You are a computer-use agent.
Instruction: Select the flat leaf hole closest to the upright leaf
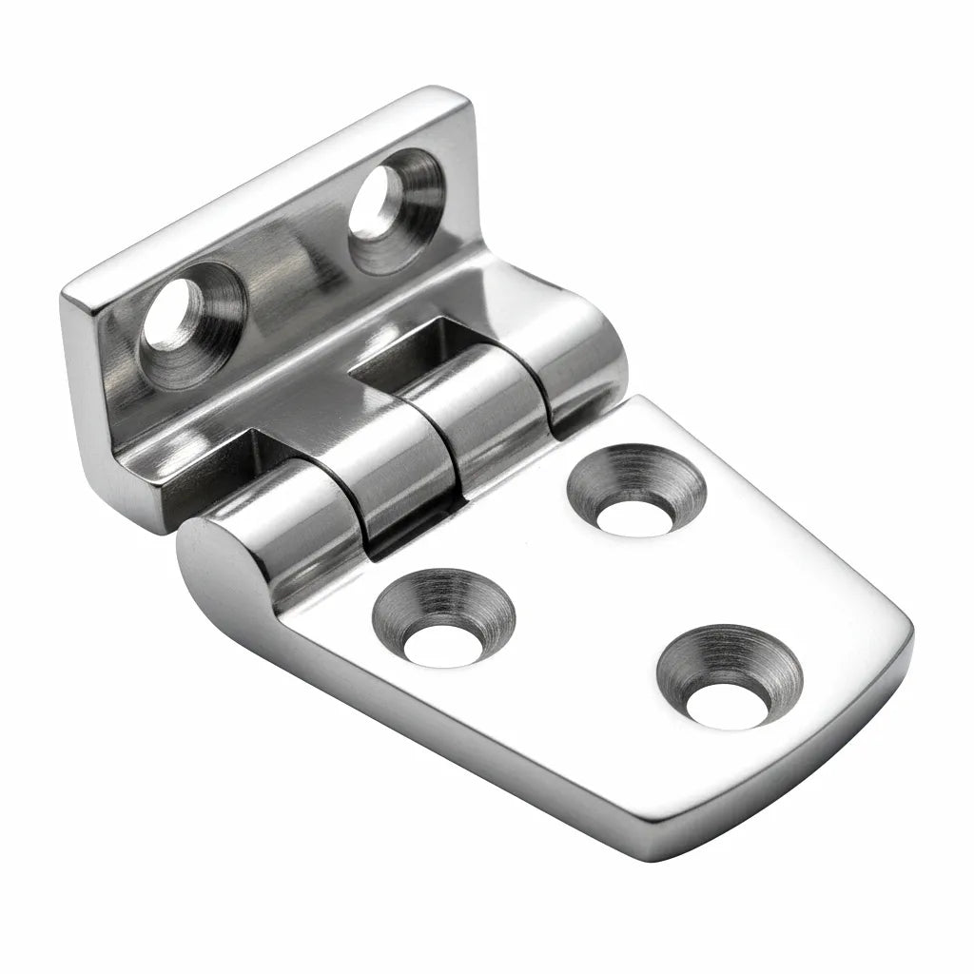click(634, 494)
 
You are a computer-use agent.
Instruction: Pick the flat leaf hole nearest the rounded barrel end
click(442, 623)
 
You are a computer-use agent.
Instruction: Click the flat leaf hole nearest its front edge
click(729, 681)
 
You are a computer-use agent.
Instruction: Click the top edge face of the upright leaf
click(266, 190)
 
